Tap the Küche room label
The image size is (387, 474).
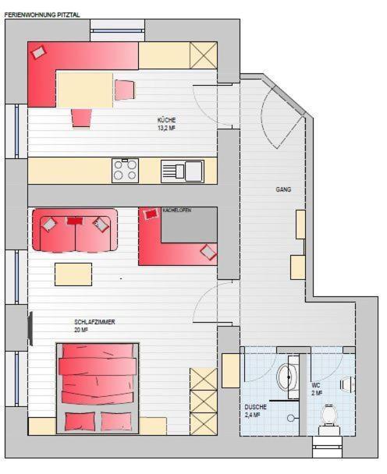click(166, 120)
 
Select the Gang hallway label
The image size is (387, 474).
click(284, 189)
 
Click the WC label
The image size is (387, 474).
click(316, 385)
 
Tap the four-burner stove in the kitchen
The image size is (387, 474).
click(125, 170)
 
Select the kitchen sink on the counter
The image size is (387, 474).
click(183, 170)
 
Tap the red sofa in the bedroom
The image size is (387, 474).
click(75, 230)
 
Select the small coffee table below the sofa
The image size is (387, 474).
click(73, 274)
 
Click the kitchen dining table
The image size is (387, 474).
click(85, 89)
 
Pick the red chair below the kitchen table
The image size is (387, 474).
click(82, 117)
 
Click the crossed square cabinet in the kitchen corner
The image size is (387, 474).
click(204, 55)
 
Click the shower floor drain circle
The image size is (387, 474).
click(291, 418)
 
